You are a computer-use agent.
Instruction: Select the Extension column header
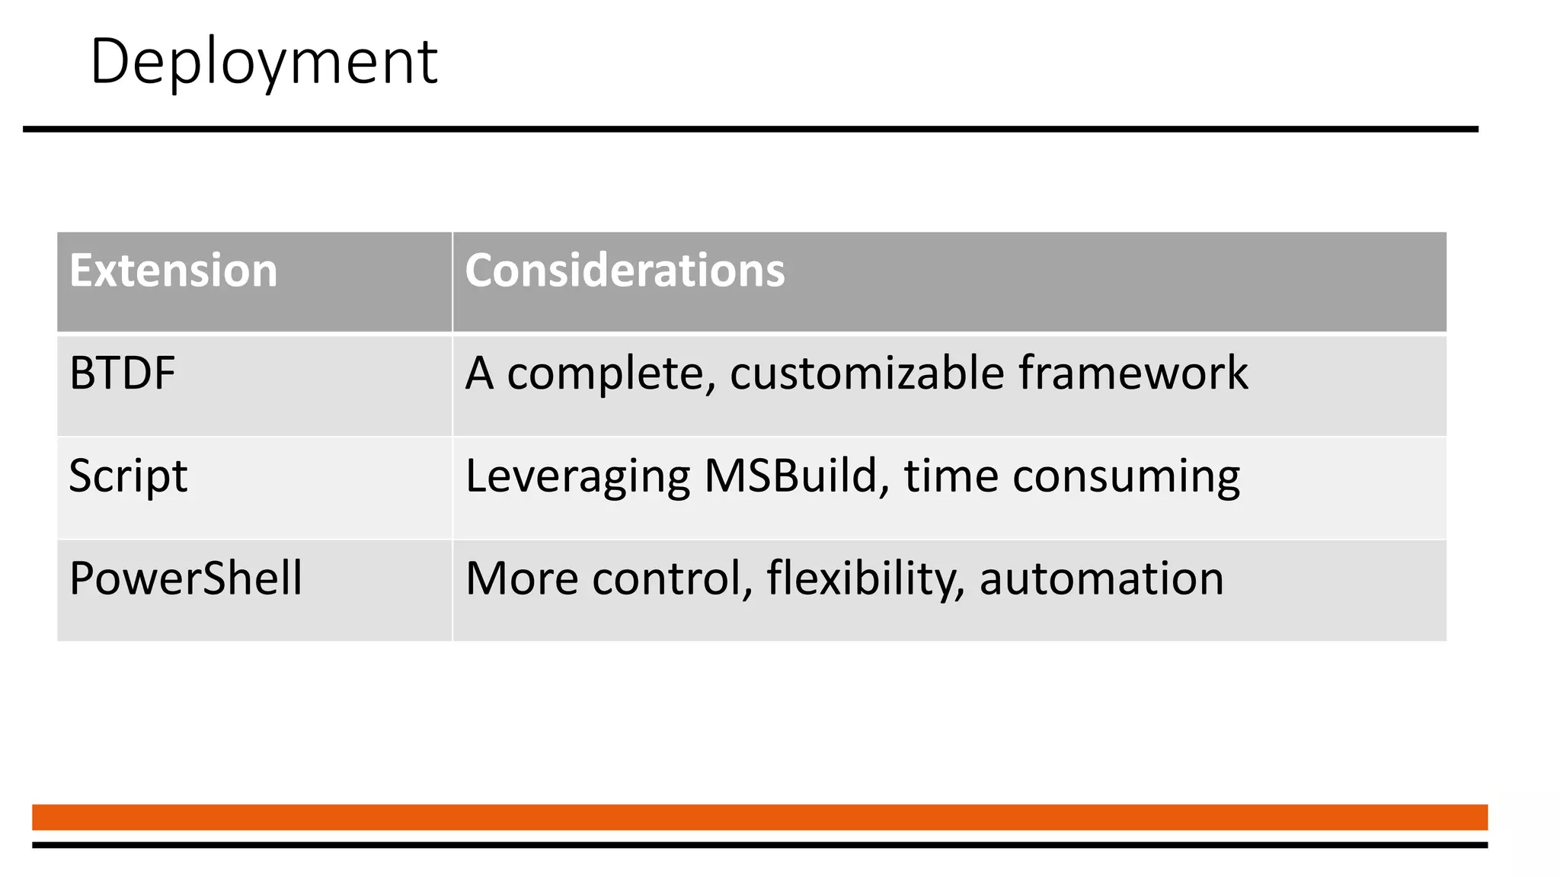coord(174,271)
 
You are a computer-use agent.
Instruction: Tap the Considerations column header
coord(625,271)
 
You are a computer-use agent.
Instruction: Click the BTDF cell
coord(123,373)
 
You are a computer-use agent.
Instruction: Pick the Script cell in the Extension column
coord(128,476)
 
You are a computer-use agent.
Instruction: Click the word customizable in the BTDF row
coord(867,373)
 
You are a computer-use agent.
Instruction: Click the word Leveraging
coord(578,476)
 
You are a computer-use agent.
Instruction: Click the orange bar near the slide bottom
coord(759,817)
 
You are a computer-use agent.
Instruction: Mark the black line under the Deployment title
coord(750,130)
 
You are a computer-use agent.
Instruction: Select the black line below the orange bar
coord(759,844)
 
